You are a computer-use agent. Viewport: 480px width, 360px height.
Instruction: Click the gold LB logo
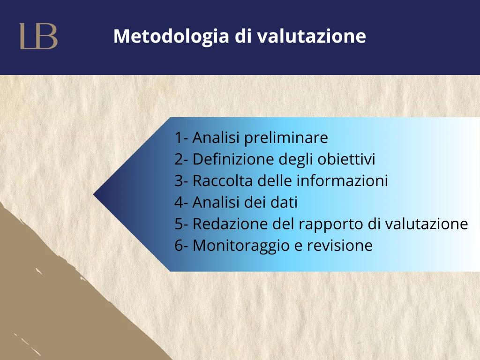tap(38, 36)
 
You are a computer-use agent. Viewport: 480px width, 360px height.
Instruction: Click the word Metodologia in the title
tap(171, 37)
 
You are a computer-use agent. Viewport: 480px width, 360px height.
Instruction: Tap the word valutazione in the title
tap(311, 36)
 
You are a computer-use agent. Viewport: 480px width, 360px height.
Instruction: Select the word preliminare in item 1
tap(286, 138)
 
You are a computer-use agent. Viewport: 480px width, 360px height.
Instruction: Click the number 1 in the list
tap(178, 137)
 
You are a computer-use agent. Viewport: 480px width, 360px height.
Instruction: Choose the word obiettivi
tap(346, 159)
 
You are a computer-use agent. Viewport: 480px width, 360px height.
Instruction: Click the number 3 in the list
tap(179, 180)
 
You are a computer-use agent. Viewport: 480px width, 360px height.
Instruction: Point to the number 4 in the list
tap(179, 202)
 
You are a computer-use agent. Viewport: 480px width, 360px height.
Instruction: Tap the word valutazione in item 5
tap(427, 224)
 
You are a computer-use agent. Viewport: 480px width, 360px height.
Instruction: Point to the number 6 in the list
tap(179, 246)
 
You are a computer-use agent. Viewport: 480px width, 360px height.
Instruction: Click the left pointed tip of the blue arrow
tap(94, 194)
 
